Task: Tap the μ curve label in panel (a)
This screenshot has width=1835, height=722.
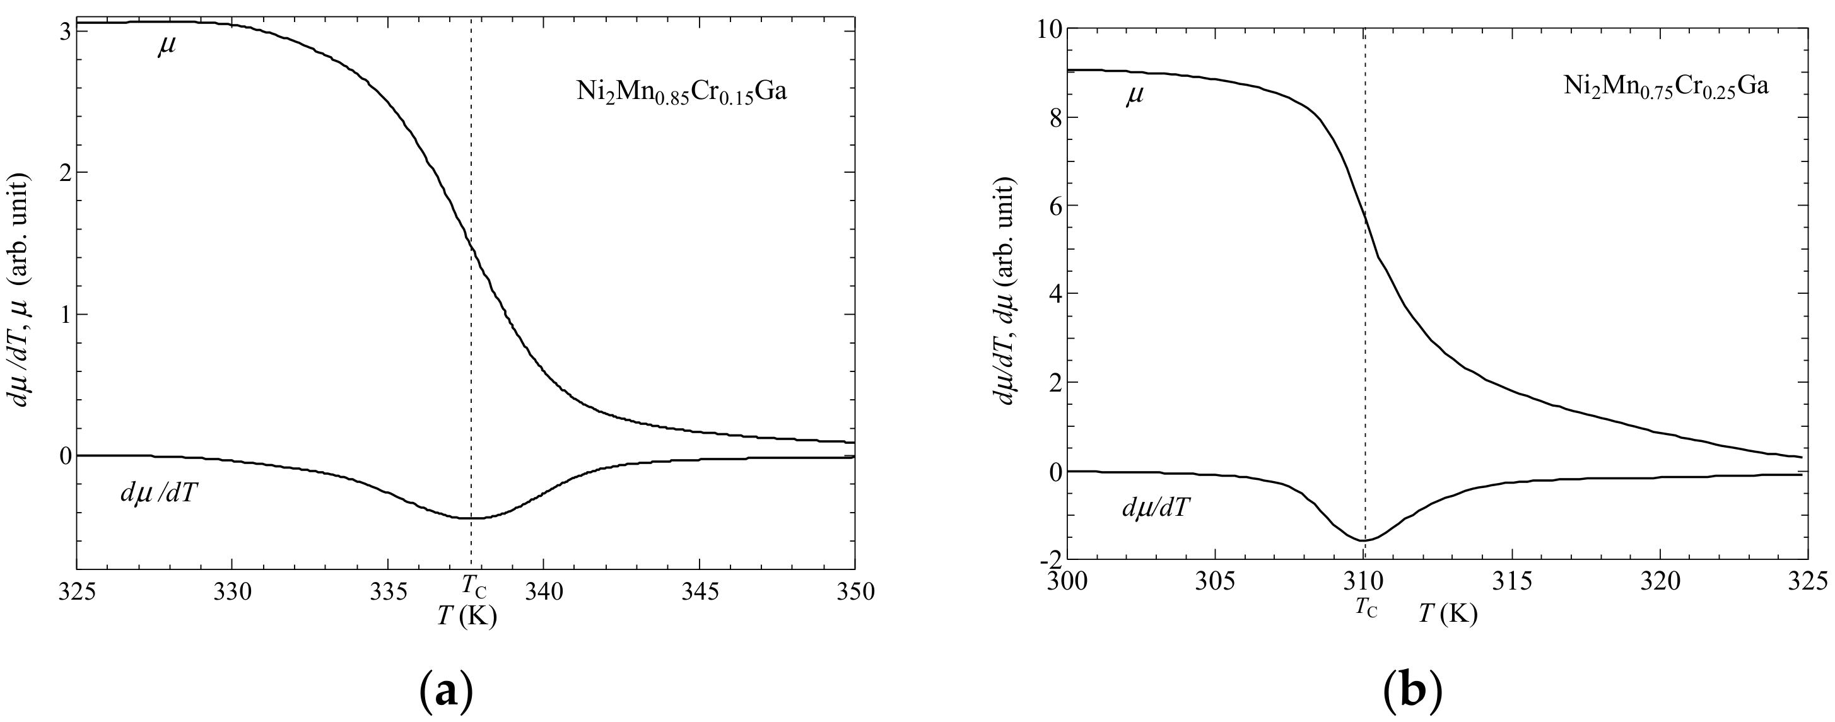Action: coord(167,47)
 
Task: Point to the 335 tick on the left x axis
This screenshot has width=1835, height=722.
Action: coord(387,591)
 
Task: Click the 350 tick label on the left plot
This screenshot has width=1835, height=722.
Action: coord(853,591)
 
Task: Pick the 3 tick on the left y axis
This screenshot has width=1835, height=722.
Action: coord(64,32)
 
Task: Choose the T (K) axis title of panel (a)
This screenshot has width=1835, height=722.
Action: coord(467,616)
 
